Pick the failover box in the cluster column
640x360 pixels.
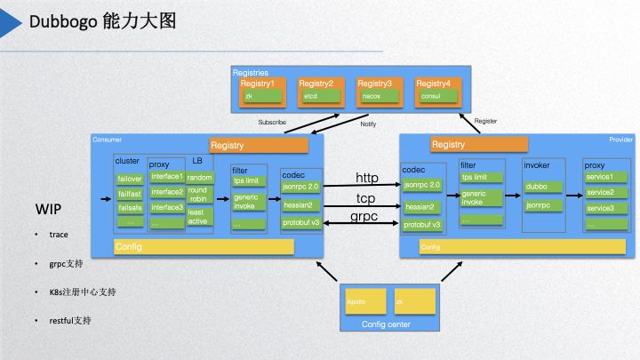click(130, 178)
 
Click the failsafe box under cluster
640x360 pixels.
click(130, 207)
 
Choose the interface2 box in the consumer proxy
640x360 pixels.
click(167, 192)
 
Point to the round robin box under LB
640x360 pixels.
click(198, 195)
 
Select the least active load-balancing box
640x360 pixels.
click(198, 217)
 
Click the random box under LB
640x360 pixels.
click(199, 177)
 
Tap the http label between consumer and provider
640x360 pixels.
click(366, 178)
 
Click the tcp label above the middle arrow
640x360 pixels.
click(366, 197)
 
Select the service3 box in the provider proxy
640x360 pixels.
click(602, 208)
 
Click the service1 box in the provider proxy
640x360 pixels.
click(602, 177)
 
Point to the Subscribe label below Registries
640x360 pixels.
click(272, 122)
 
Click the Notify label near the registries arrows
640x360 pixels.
click(368, 124)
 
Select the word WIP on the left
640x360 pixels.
click(48, 210)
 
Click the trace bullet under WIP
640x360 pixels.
click(59, 235)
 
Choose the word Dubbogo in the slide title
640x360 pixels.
click(64, 20)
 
